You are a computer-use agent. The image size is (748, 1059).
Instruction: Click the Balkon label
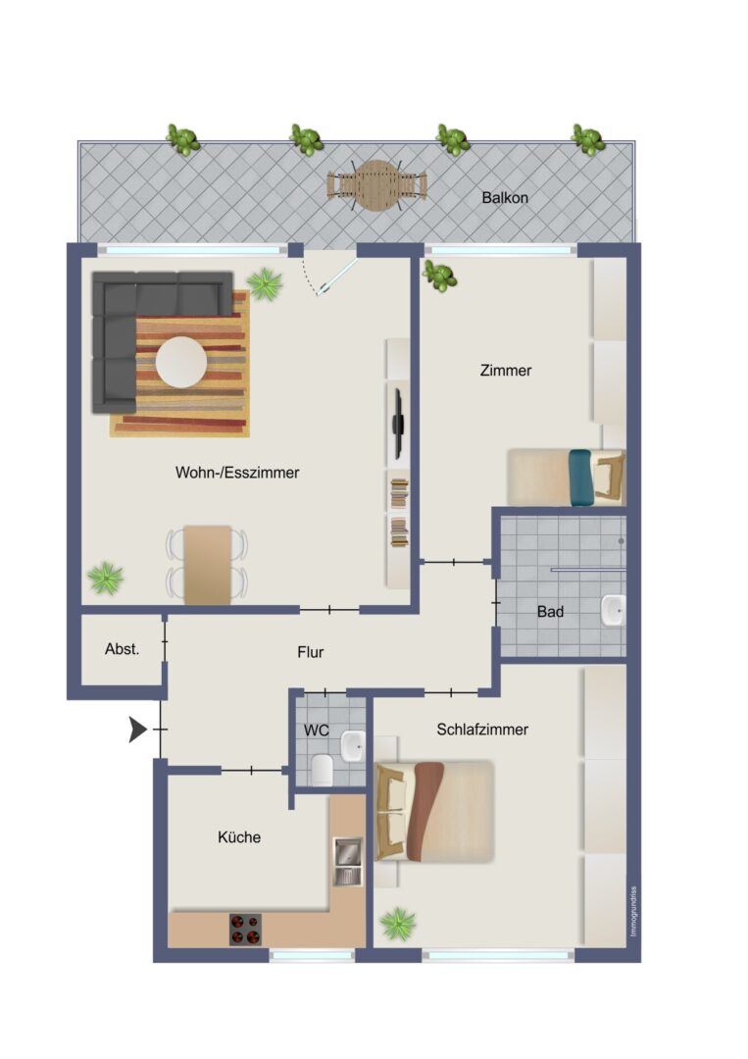pos(504,198)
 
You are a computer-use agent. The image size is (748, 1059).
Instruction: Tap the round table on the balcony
pos(376,185)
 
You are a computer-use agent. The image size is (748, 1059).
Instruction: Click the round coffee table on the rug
pos(181,362)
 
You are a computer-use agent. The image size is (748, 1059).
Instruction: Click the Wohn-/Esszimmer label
pos(237,472)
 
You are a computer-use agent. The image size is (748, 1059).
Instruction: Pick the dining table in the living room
pos(207,565)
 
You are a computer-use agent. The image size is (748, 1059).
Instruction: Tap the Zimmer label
pos(506,370)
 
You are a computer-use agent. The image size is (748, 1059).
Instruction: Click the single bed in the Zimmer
pos(567,478)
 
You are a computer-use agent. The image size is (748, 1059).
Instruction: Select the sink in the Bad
pos(613,611)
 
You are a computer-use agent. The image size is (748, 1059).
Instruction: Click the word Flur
pos(311,652)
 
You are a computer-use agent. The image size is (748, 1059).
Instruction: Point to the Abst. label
pos(123,649)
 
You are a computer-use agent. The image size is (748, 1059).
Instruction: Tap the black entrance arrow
pos(137,730)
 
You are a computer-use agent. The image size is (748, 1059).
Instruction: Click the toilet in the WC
pos(322,770)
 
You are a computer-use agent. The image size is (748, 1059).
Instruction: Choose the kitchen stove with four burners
pos(245,930)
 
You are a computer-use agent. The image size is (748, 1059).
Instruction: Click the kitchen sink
pos(348,862)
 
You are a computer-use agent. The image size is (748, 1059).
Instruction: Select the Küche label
pos(239,836)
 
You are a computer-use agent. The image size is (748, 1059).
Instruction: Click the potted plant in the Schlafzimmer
pos(398,924)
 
